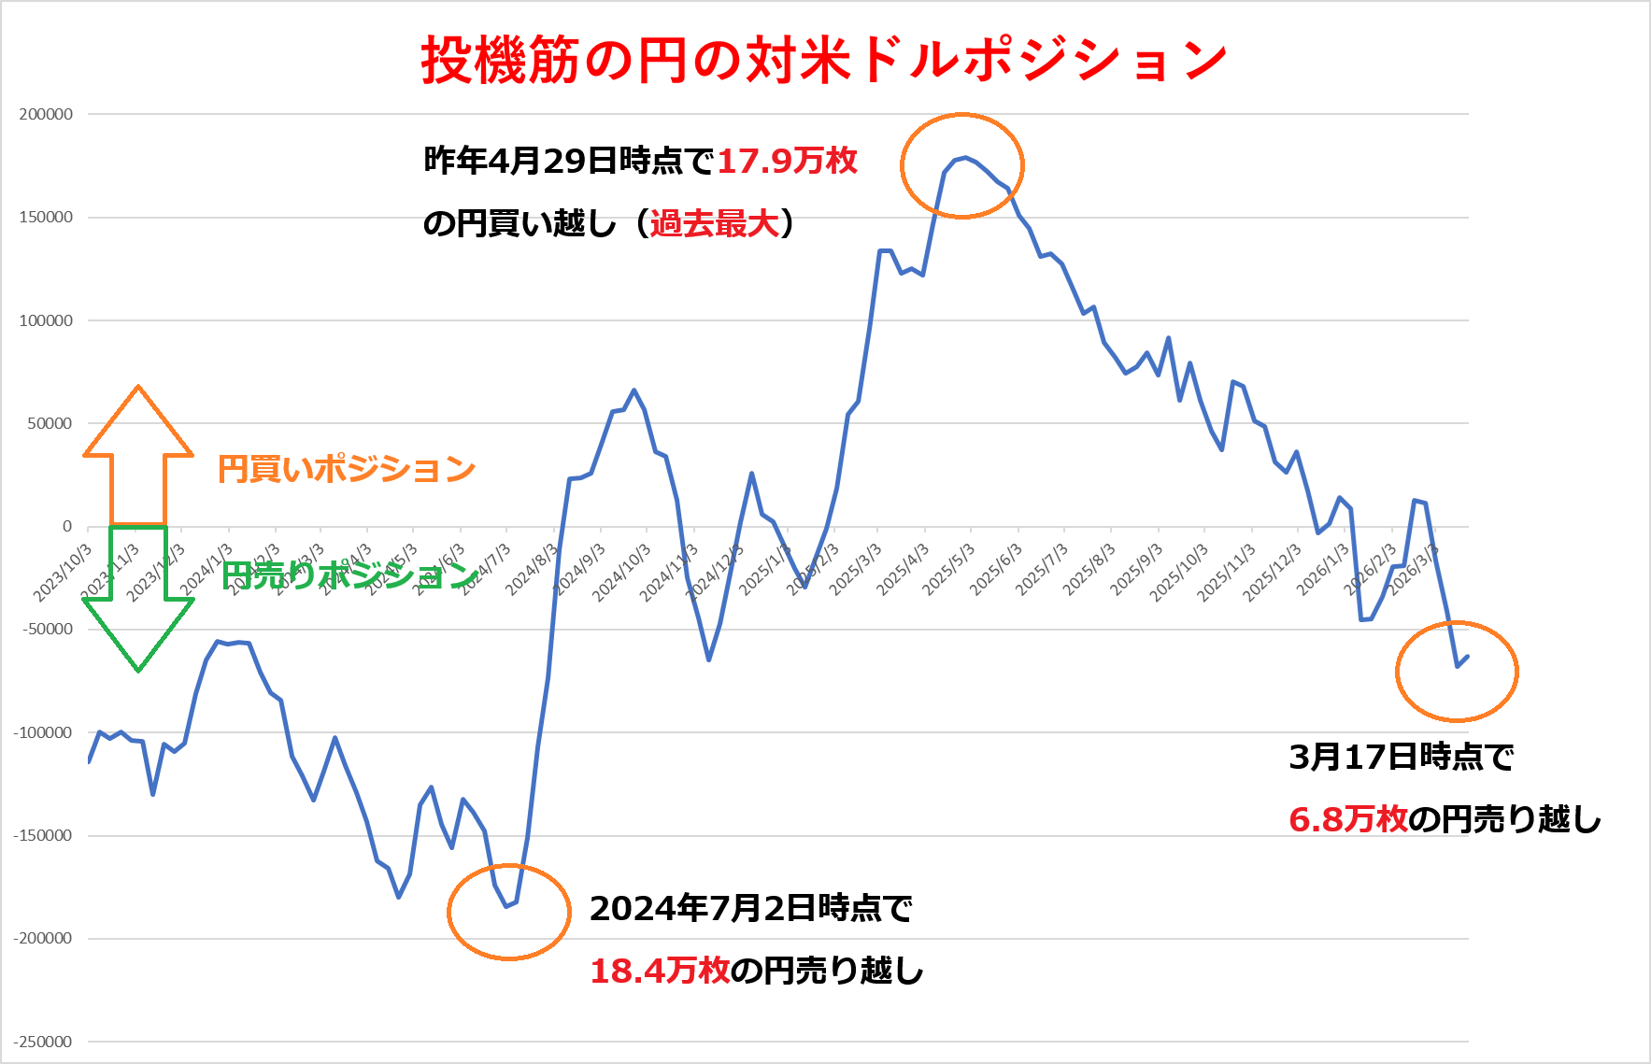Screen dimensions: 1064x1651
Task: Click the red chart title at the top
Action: pyautogui.click(x=823, y=60)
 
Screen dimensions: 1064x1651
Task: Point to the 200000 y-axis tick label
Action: pyautogui.click(x=46, y=114)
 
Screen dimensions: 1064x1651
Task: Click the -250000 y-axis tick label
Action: pyautogui.click(x=43, y=1042)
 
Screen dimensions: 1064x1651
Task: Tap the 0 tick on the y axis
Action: pyautogui.click(x=66, y=527)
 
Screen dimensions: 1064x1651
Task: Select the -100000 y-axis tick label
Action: pyautogui.click(x=43, y=733)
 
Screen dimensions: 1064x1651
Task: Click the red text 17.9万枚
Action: pyautogui.click(x=787, y=161)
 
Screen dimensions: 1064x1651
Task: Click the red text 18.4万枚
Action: pyautogui.click(x=660, y=971)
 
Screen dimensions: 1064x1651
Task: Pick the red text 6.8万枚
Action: pyautogui.click(x=1347, y=819)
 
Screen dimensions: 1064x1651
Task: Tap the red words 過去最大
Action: pyautogui.click(x=714, y=223)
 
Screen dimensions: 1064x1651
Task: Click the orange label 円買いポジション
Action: pyautogui.click(x=347, y=469)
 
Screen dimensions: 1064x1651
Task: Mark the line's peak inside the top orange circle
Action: pyautogui.click(x=965, y=158)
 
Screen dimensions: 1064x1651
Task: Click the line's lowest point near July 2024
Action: pyautogui.click(x=506, y=906)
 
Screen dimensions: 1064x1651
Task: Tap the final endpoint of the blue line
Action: pyautogui.click(x=1468, y=657)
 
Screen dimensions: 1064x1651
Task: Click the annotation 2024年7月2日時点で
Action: pyautogui.click(x=750, y=908)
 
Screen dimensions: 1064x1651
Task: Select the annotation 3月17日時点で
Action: pyautogui.click(x=1401, y=757)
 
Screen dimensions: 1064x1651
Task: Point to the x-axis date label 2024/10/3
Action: pyautogui.click(x=620, y=572)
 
